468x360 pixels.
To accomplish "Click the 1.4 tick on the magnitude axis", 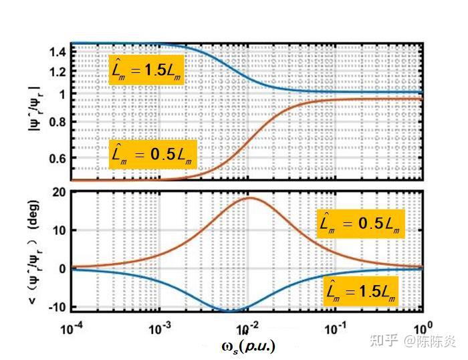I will tap(58, 51).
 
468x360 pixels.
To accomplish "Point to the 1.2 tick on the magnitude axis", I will tap(58, 72).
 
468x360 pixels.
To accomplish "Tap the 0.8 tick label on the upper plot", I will tap(58, 122).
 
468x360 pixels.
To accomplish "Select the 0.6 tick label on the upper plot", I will tap(58, 159).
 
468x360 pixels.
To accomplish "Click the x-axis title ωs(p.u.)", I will tap(247, 346).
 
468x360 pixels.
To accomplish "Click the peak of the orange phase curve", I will tap(249, 197).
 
